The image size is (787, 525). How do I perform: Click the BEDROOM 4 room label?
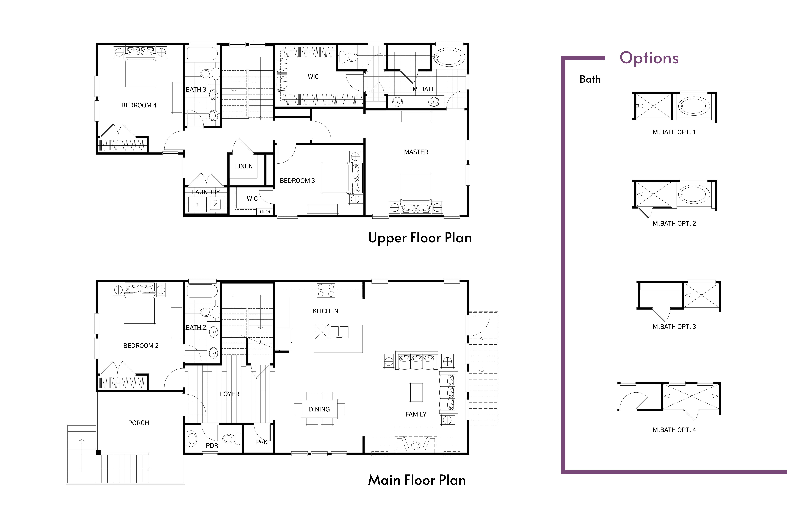click(139, 105)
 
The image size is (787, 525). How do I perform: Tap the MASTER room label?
click(416, 152)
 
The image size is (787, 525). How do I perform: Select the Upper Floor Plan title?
click(420, 238)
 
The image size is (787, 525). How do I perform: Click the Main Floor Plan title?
click(417, 480)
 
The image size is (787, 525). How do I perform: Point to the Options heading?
click(649, 58)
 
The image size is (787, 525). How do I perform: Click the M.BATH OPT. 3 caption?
click(674, 326)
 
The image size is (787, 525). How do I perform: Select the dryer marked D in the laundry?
click(197, 204)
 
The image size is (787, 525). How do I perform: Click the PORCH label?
click(138, 423)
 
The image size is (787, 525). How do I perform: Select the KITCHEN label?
click(326, 311)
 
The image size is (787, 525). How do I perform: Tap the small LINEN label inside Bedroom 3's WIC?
click(265, 212)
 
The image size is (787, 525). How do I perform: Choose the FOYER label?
click(230, 394)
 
